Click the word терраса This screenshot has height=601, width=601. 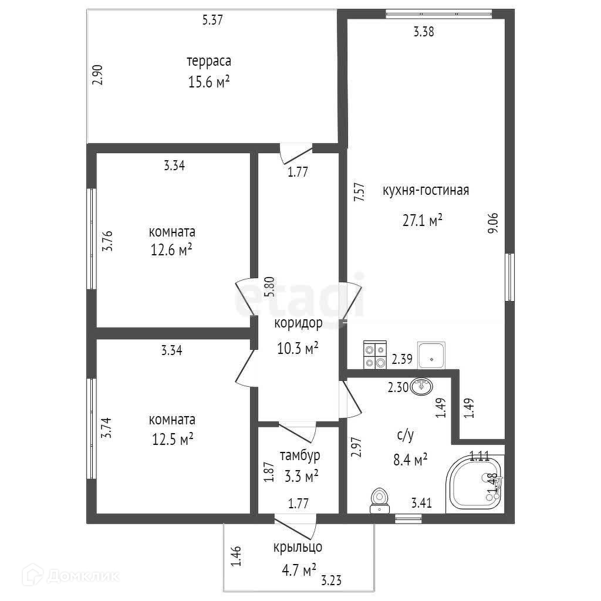click(208, 61)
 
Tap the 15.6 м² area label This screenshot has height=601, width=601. click(208, 82)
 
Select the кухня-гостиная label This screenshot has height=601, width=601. click(426, 191)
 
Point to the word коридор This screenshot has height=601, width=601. click(298, 323)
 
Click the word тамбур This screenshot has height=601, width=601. click(299, 455)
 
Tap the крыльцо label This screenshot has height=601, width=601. click(298, 548)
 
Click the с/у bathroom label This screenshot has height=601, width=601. click(406, 435)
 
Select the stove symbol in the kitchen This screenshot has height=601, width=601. click(374, 355)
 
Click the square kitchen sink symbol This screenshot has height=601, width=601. click(431, 355)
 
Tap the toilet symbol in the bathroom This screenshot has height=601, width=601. click(380, 500)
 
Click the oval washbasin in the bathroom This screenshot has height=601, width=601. click(423, 386)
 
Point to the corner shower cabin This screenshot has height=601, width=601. click(474, 485)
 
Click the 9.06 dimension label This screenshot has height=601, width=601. click(492, 224)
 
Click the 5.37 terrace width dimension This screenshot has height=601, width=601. click(213, 20)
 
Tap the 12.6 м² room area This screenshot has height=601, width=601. click(172, 251)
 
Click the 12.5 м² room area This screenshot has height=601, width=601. click(172, 440)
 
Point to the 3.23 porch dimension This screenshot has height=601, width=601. click(332, 581)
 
